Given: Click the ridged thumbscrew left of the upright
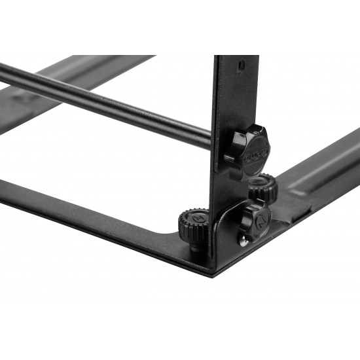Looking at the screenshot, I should pos(192,224).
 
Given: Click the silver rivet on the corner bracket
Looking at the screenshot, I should pos(243,242).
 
